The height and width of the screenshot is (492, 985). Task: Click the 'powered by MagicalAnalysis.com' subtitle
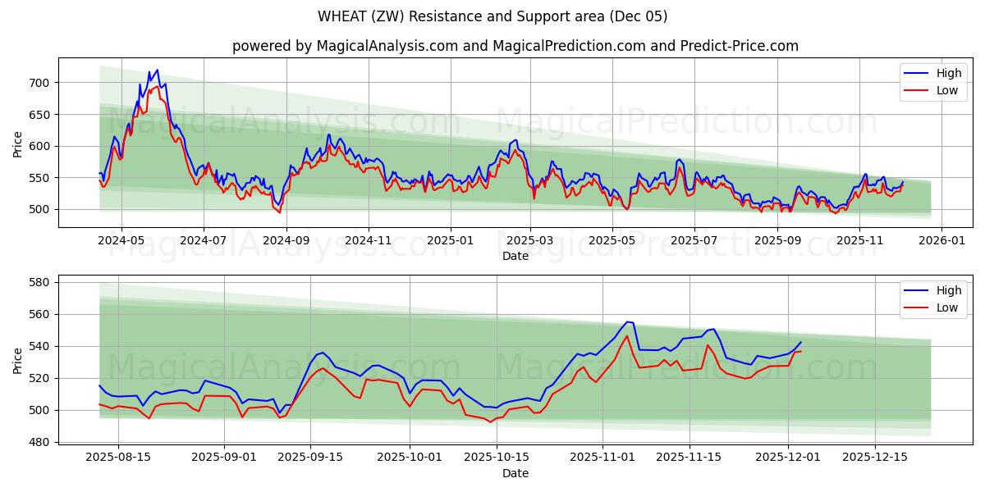(515, 46)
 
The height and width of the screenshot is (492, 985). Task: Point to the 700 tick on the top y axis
(40, 83)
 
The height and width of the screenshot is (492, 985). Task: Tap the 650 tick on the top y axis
(40, 115)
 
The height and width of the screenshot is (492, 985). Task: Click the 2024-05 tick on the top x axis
(121, 241)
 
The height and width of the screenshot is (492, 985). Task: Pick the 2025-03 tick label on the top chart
(530, 241)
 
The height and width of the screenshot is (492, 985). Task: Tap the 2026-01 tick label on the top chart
(941, 241)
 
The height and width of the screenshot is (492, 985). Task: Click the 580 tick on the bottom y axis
(40, 282)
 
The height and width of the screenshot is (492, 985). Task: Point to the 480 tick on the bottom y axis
(40, 442)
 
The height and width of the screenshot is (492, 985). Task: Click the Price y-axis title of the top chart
(18, 143)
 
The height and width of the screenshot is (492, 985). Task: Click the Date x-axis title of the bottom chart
(515, 473)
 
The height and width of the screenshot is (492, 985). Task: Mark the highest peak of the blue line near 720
(157, 71)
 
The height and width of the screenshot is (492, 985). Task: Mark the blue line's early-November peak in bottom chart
(627, 321)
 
